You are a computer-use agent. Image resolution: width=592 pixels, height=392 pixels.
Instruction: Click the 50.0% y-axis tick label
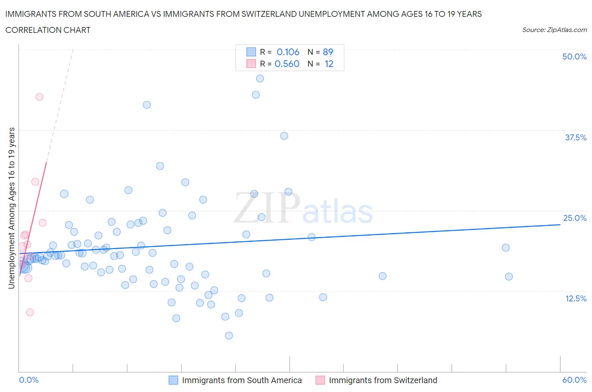click(574, 56)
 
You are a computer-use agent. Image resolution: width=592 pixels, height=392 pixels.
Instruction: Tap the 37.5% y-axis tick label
click(575, 137)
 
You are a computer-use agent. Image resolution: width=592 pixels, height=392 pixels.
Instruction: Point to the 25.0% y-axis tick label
click(575, 218)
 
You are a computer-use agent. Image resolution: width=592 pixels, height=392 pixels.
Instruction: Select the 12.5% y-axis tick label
click(575, 298)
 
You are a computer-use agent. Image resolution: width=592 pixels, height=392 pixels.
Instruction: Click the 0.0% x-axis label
click(29, 380)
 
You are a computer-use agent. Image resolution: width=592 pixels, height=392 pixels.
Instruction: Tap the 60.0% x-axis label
click(574, 380)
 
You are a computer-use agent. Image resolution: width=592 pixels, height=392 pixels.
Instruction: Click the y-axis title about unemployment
click(11, 208)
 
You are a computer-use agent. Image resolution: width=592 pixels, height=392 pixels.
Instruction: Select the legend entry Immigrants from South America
click(242, 380)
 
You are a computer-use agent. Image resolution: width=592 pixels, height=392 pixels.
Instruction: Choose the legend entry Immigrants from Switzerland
click(383, 380)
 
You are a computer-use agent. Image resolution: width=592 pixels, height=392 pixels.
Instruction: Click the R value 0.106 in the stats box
click(288, 52)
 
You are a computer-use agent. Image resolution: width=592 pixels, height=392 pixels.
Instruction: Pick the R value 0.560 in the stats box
click(287, 64)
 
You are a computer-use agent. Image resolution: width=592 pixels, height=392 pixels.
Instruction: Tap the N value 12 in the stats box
click(329, 64)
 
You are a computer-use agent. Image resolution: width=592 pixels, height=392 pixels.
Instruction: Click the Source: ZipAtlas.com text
click(554, 30)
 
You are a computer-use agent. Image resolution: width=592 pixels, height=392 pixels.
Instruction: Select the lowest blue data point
click(229, 336)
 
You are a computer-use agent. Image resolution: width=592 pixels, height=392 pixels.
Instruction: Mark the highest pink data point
click(39, 97)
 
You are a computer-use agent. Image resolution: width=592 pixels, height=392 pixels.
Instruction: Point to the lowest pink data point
click(30, 312)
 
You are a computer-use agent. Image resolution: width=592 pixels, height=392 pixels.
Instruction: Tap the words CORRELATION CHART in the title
click(48, 30)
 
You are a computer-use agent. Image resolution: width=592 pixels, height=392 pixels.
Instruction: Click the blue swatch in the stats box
click(251, 52)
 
